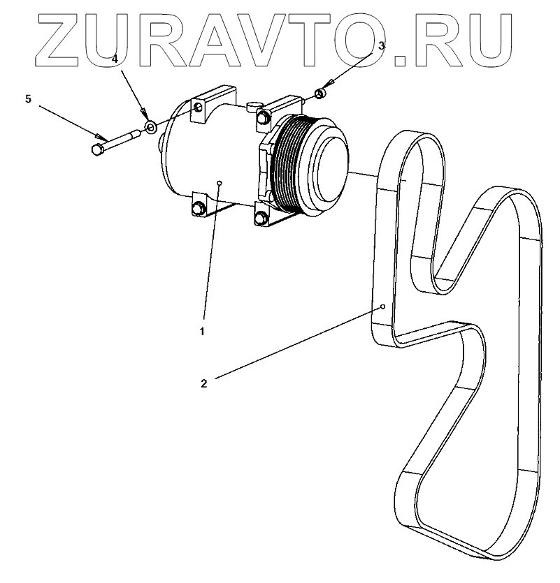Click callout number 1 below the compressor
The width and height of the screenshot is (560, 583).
(x=202, y=331)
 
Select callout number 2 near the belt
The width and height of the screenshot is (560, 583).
(x=203, y=383)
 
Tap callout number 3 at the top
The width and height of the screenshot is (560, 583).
(x=381, y=46)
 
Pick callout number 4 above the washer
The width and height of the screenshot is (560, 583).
(x=114, y=60)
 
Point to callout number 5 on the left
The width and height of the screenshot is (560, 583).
(x=28, y=99)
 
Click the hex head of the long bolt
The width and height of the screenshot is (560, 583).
(x=98, y=149)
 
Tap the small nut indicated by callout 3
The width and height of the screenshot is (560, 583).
(x=320, y=93)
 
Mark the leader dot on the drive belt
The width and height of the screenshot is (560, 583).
(x=383, y=307)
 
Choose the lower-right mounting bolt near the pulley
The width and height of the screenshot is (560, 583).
(x=261, y=219)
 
